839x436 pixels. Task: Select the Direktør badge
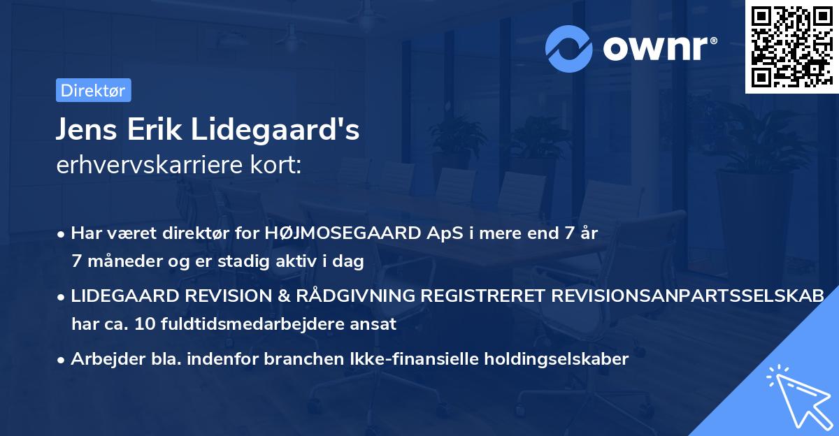pyautogui.click(x=93, y=90)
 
